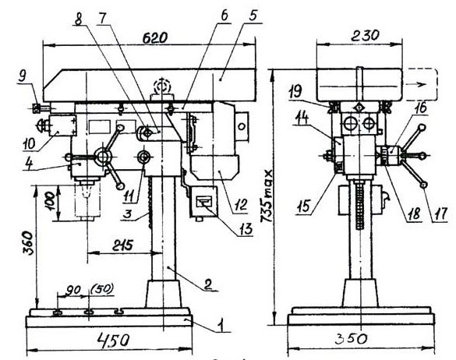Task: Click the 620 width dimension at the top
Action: (155, 38)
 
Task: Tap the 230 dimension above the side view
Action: (365, 36)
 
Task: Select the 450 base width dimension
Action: (114, 340)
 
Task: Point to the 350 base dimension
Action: (351, 339)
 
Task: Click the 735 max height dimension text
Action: (267, 196)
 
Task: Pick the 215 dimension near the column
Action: (122, 245)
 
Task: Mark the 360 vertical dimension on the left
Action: (29, 243)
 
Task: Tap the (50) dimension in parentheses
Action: (102, 289)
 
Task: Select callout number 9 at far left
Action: (22, 76)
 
